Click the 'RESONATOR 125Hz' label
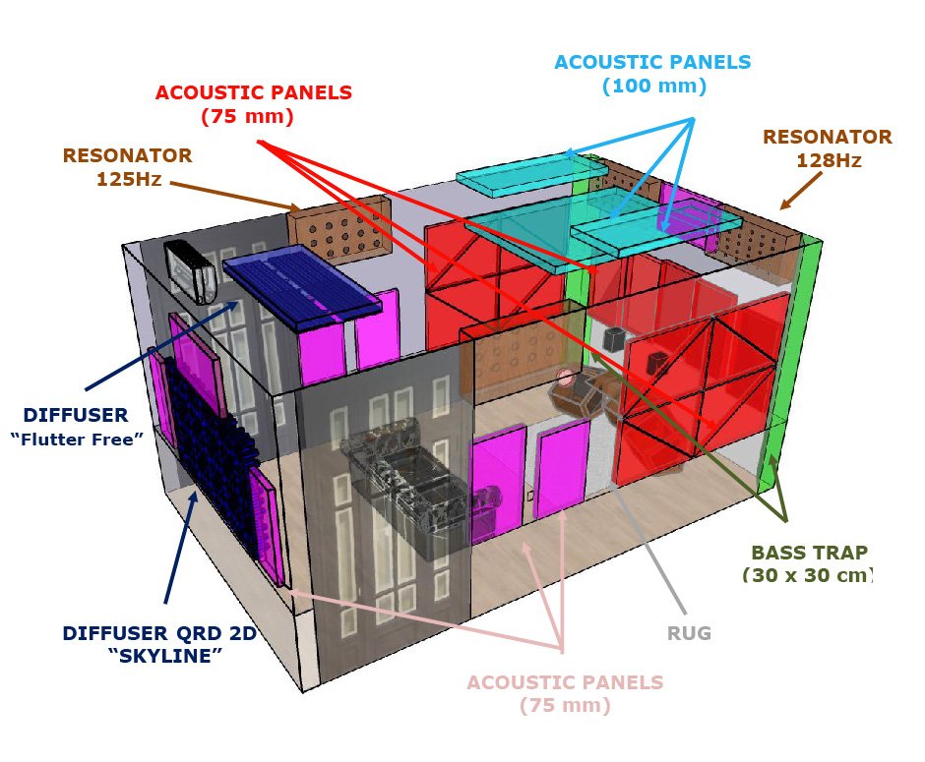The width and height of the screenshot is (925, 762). (127, 167)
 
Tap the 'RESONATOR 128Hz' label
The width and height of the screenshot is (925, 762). (827, 147)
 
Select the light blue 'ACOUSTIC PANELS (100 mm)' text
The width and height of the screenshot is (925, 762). (653, 74)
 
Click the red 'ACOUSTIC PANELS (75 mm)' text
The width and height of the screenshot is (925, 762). (254, 104)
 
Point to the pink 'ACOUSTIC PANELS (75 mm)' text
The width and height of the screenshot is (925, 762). (565, 693)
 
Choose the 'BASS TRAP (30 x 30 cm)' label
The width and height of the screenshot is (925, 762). (809, 563)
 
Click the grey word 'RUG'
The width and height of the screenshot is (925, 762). (689, 633)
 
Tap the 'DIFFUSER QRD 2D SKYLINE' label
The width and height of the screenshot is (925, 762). (159, 644)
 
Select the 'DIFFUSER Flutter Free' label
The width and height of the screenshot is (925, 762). (77, 427)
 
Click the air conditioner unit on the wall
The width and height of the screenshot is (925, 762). (190, 271)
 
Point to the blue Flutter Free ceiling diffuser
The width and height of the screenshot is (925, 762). (301, 287)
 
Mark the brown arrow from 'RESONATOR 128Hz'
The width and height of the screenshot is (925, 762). (801, 191)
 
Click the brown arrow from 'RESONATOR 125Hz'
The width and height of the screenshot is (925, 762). (235, 197)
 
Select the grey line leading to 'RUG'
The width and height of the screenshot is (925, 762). (648, 548)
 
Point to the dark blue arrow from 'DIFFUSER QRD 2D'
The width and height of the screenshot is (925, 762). (180, 548)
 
